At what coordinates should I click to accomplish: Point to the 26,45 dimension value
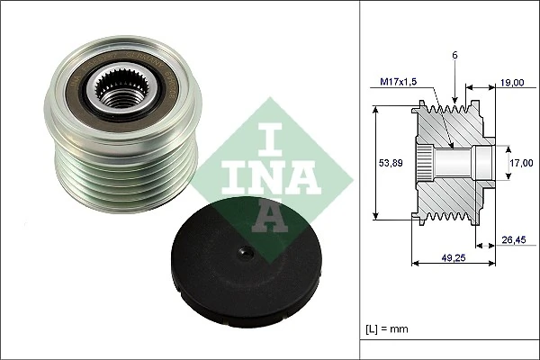(x=515, y=239)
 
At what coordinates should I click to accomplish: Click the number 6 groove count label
(x=456, y=56)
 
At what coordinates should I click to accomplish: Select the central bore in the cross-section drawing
(x=459, y=164)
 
